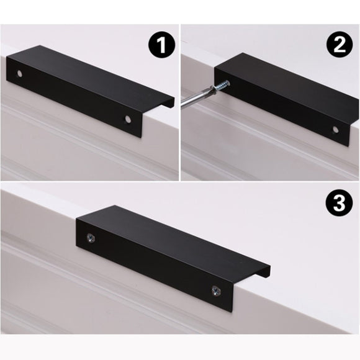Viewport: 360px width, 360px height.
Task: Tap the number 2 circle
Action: coord(339,45)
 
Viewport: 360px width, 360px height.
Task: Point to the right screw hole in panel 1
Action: coord(128,117)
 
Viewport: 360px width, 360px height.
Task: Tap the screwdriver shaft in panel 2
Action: coord(197,98)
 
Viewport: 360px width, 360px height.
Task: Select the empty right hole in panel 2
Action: coord(336,130)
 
